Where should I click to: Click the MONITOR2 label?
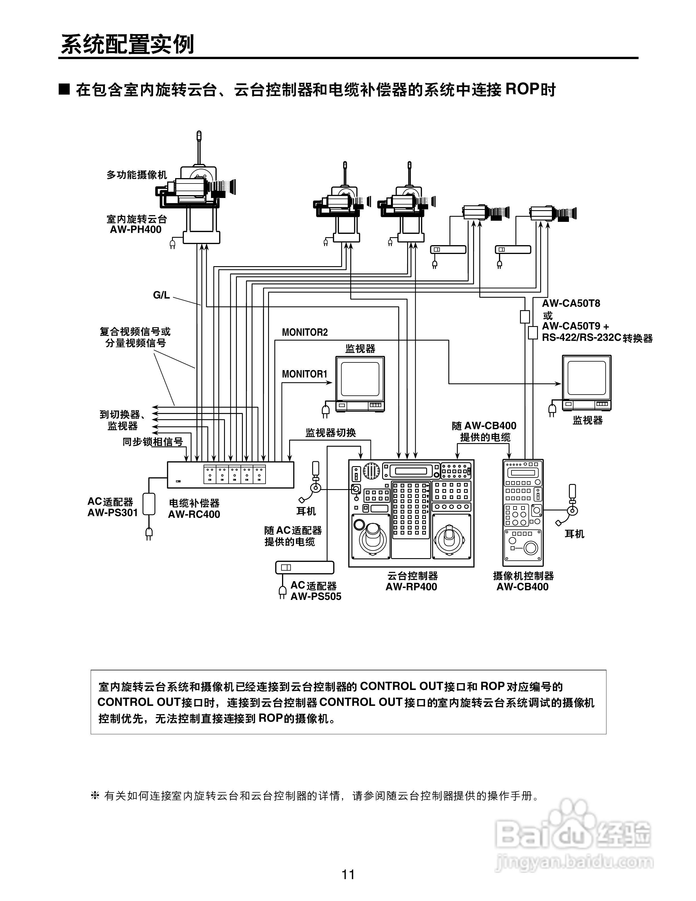pyautogui.click(x=305, y=332)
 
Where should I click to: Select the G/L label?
pyautogui.click(x=161, y=295)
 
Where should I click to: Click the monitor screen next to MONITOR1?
pyautogui.click(x=360, y=379)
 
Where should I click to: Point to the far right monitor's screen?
pyautogui.click(x=586, y=378)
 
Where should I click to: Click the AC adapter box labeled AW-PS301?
pyautogui.click(x=149, y=504)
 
